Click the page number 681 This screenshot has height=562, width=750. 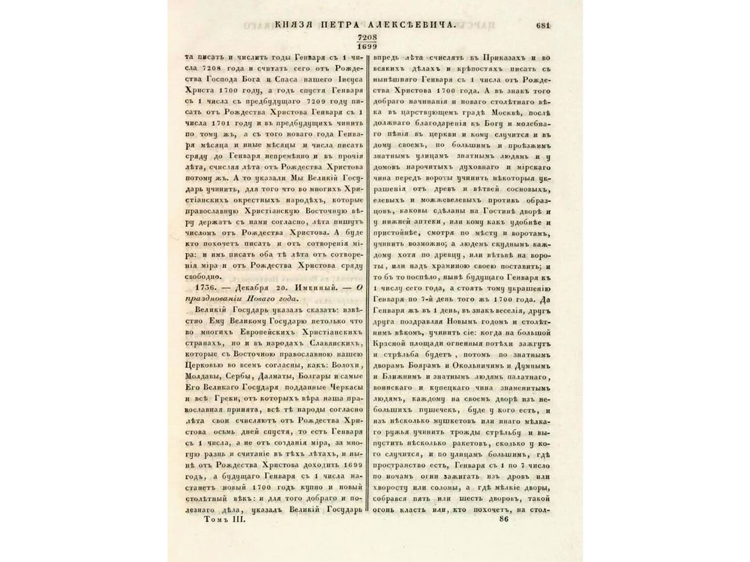click(543, 25)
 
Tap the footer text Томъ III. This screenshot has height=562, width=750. click(225, 520)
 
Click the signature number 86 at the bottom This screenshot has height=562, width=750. click(504, 520)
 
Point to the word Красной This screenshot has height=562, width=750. click(393, 344)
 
